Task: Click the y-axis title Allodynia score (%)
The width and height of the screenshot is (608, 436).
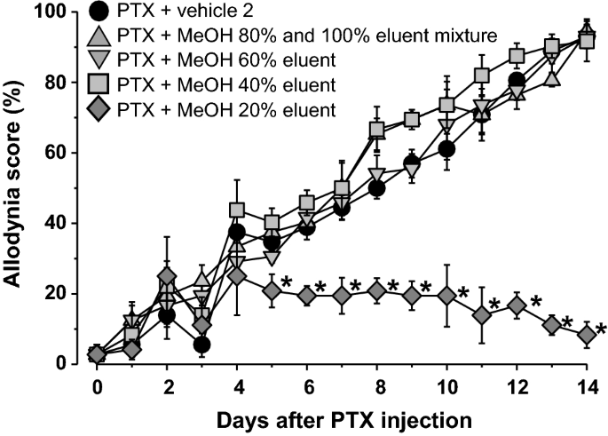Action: pyautogui.click(x=20, y=186)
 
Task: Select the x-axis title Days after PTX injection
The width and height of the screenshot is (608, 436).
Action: pyautogui.click(x=342, y=418)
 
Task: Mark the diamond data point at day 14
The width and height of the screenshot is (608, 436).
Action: pyautogui.click(x=586, y=335)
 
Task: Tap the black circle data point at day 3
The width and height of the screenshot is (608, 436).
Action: pyautogui.click(x=201, y=345)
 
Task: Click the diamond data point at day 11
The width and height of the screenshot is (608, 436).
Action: pyautogui.click(x=481, y=314)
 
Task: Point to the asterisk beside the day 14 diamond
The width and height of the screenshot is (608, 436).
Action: pyautogui.click(x=601, y=330)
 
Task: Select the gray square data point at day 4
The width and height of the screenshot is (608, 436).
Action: pyautogui.click(x=237, y=210)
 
